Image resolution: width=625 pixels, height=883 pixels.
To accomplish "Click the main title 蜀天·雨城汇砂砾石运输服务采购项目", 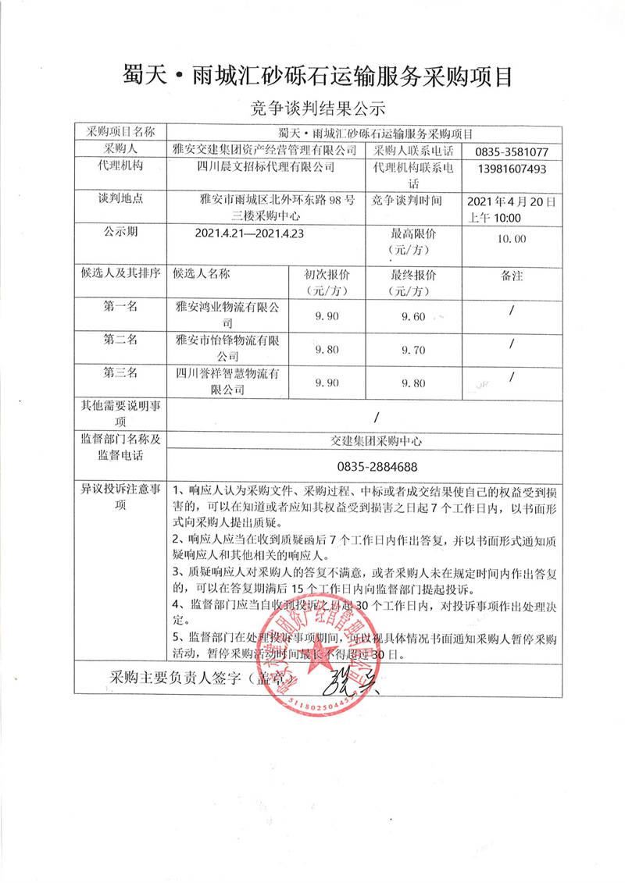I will (312, 76).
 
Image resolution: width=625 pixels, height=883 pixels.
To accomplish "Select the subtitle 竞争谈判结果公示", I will (312, 107).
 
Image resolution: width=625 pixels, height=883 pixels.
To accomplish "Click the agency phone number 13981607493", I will (511, 169).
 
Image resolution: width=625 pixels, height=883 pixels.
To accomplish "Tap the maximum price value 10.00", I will (512, 238).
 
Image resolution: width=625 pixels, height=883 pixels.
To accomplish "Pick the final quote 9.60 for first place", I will (412, 316).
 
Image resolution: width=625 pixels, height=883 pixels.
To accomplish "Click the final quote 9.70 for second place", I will (412, 350).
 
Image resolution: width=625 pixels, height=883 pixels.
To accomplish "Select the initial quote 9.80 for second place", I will (326, 350).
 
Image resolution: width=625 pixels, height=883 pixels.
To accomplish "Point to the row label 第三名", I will (120, 373).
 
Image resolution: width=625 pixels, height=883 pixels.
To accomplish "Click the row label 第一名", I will (120, 306).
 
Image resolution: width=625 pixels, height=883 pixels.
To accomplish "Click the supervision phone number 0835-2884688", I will (377, 467).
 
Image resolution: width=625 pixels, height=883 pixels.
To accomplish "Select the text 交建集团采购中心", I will (377, 441).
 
